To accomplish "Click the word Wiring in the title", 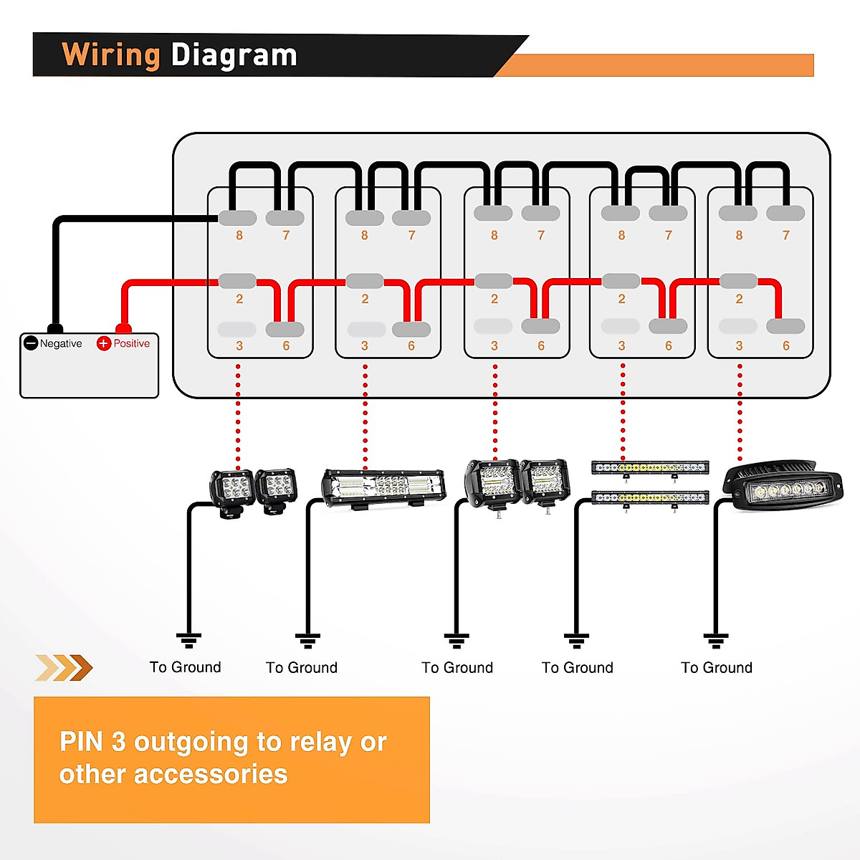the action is (111, 55).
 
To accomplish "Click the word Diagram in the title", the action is (234, 55).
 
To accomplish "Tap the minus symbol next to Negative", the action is (31, 343).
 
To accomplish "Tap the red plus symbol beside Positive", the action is (103, 343).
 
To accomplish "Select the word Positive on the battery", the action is (132, 343).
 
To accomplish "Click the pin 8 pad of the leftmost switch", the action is (237, 218).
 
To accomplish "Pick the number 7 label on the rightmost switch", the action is (786, 235).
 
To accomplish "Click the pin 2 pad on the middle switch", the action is (493, 281).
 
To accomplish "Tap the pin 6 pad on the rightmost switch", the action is (785, 326).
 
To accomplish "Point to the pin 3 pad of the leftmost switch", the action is (237, 330).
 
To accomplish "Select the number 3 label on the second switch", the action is (365, 346).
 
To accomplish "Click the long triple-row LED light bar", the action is (383, 488).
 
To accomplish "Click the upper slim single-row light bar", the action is (650, 468).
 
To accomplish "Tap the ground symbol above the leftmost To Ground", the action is (188, 640).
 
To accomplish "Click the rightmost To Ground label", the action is (716, 668).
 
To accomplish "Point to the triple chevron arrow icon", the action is (64, 668).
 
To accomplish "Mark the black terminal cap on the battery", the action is (55, 328).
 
